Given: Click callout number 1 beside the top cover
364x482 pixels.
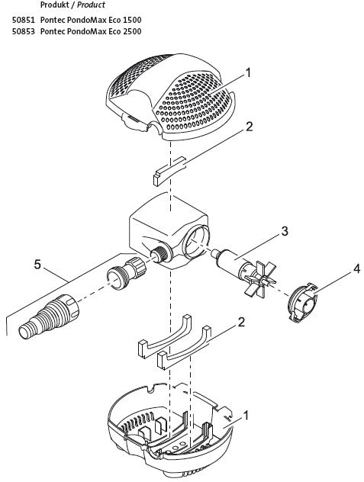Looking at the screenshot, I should pos(249,74).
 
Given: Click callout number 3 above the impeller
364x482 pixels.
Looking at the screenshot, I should pos(283,230).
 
